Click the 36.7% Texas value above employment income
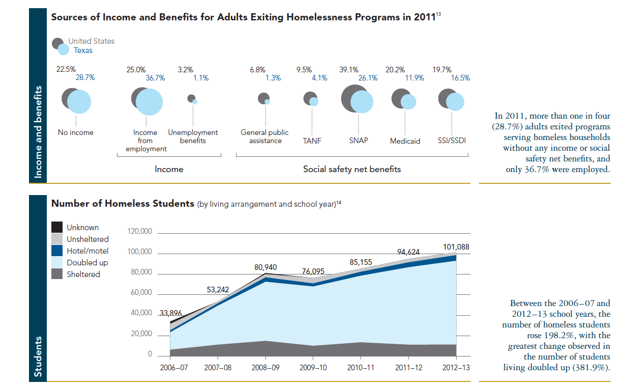pos(156,78)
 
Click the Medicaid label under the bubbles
pos(405,141)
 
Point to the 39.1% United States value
pos(349,70)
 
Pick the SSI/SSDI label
pos(452,141)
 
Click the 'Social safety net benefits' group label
pos(352,169)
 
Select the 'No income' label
pos(76,132)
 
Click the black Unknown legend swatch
pos(57,228)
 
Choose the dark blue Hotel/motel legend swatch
pos(57,251)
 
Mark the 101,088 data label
pos(456,247)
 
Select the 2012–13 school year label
pos(456,367)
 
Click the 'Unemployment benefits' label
pos(193,136)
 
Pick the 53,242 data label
pos(218,290)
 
